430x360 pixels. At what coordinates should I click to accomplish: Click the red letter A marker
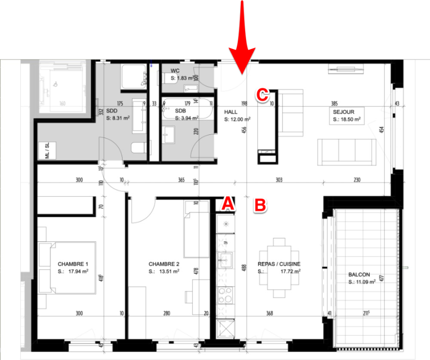pyautogui.click(x=227, y=205)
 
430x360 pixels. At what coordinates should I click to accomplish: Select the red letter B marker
pyautogui.click(x=260, y=205)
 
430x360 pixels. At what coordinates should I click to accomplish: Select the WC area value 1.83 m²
pyautogui.click(x=182, y=78)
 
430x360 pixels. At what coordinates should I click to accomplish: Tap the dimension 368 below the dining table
pyautogui.click(x=270, y=313)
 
